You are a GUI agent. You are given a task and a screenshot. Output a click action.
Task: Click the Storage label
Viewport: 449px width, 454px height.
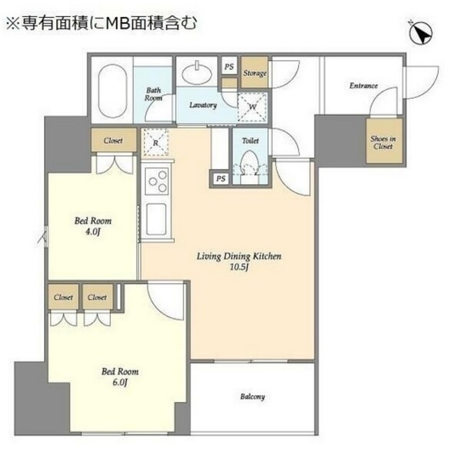point(254,73)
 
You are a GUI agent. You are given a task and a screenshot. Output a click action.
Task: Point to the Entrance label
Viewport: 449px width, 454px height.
point(363,86)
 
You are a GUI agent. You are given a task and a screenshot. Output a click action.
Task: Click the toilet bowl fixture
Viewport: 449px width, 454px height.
point(250,170)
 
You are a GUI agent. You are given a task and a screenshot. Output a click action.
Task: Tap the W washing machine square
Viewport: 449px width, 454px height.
point(252,108)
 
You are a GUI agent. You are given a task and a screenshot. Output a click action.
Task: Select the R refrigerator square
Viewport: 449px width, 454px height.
point(155,143)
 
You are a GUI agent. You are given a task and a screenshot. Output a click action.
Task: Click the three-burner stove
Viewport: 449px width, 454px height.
point(156,181)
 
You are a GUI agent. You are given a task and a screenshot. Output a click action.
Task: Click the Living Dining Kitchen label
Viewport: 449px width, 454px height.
point(235,256)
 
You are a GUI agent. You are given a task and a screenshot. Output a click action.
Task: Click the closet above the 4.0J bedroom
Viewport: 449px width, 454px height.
point(113,140)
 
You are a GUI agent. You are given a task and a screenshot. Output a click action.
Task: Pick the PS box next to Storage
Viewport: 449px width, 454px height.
point(229,67)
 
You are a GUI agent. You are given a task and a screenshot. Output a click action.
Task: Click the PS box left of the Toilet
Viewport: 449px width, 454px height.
point(221,178)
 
